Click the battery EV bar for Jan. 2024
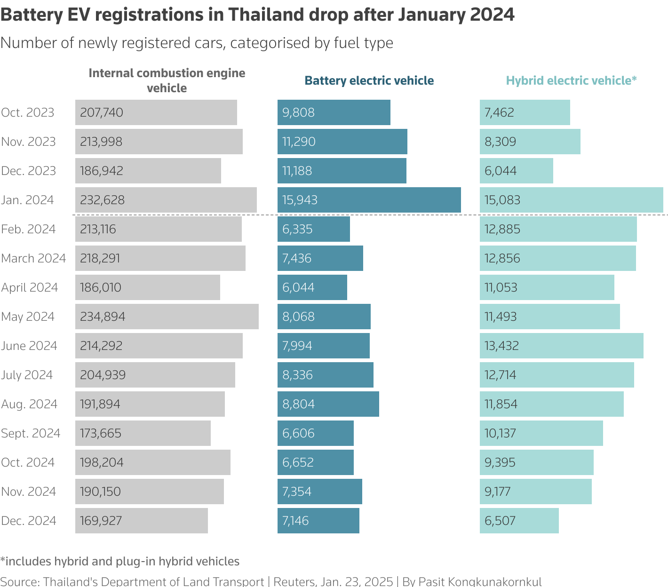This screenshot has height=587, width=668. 369,200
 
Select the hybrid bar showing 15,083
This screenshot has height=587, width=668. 571,200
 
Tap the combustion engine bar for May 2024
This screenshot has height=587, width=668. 167,317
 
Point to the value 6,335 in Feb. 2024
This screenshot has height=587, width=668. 298,229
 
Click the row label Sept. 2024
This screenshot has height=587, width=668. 31,433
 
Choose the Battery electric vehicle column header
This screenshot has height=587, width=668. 369,80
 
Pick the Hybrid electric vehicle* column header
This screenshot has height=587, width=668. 571,80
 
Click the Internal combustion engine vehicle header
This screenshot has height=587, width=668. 167,80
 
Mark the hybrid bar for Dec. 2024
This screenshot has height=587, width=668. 519,521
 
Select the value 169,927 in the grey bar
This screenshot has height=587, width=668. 101,521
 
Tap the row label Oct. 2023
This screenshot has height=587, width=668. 28,112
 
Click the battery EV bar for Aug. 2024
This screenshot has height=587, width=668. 328,404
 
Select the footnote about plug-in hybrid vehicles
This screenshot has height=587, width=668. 120,561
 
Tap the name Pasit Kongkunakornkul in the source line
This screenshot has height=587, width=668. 480,581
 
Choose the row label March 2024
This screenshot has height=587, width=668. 33,258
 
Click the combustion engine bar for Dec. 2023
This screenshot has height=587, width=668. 148,171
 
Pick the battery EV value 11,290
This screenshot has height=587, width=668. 299,142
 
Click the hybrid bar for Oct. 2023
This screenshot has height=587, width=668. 525,112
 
